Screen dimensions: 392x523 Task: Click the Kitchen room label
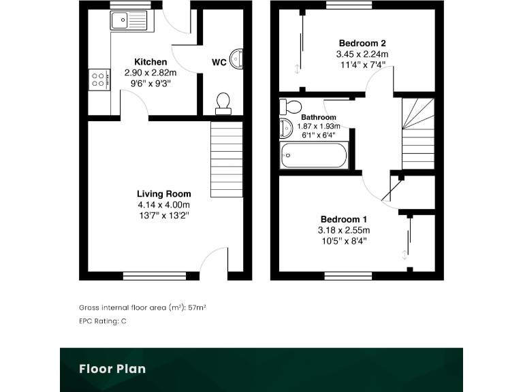150,62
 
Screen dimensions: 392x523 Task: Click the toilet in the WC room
223,103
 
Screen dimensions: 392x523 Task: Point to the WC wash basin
236,60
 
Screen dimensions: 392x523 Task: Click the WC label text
219,63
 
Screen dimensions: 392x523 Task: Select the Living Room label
163,194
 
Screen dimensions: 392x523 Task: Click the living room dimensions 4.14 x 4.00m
163,205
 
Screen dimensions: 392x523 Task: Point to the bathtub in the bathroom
313,157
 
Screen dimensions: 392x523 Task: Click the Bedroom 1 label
344,220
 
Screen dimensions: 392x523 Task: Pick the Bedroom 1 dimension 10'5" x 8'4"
344,241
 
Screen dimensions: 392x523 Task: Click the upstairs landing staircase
417,134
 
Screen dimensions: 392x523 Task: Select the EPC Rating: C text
103,321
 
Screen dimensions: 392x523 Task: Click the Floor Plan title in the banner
112,370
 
